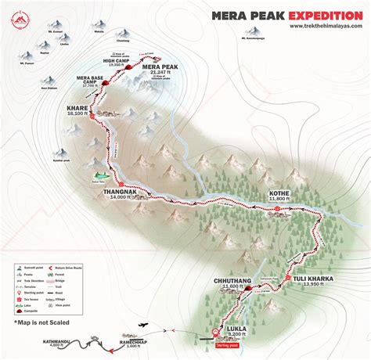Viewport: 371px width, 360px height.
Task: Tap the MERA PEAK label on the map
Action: (161, 67)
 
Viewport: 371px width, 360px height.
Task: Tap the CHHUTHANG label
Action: (230, 278)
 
